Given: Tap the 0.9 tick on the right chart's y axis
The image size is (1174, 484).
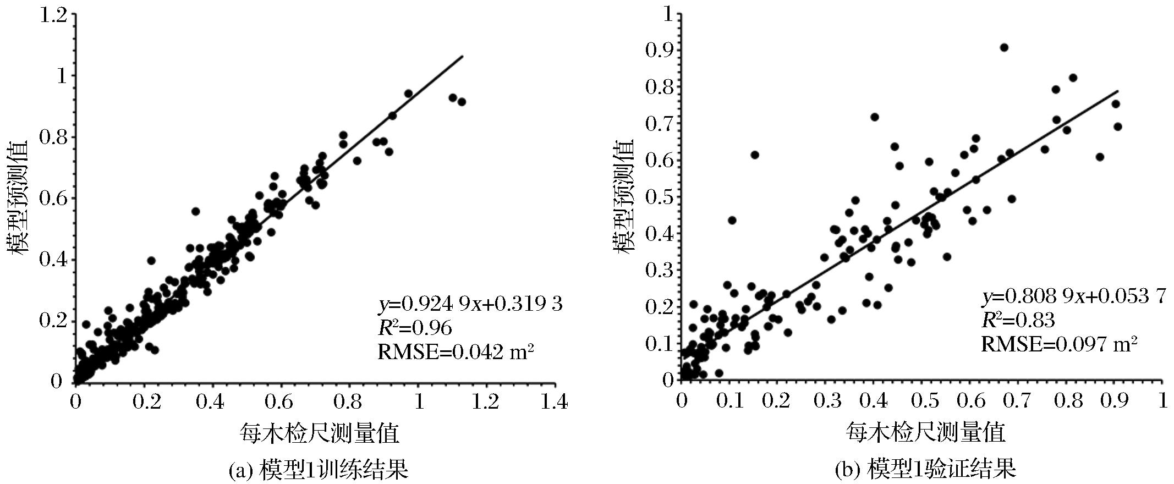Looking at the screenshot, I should tap(660, 50).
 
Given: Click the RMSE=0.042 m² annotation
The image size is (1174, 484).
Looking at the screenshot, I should tap(456, 352).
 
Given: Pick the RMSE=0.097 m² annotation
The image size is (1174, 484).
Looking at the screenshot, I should tap(1060, 345).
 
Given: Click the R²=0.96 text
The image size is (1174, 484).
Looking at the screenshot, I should tap(414, 328).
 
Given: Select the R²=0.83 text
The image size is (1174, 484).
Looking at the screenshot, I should tap(1018, 321).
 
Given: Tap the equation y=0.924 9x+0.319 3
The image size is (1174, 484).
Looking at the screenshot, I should tap(470, 304).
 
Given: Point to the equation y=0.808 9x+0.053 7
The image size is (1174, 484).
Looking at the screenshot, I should tap(1073, 297).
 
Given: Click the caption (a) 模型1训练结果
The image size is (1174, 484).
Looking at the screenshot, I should tap(318, 470).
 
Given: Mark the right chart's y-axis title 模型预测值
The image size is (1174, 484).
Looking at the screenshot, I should tap(624, 196).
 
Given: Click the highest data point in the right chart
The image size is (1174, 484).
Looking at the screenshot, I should tap(1004, 47).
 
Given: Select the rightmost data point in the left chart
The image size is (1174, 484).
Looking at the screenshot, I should tap(462, 102).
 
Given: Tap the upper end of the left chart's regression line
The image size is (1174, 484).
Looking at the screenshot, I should tap(463, 56).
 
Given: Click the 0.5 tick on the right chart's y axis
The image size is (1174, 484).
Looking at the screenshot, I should tap(660, 197).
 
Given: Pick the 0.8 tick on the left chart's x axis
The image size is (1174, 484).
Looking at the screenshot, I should tap(349, 402).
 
